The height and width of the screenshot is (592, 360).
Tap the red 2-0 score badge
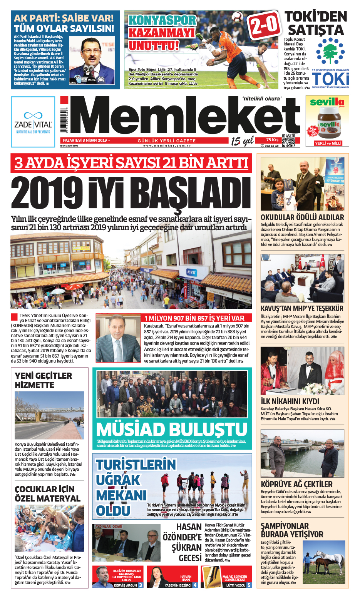tap(264, 25)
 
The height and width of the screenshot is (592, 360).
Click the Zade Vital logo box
tap(33, 122)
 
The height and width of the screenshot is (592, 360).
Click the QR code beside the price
tap(288, 141)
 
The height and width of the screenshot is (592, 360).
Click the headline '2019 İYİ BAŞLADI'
tap(131, 193)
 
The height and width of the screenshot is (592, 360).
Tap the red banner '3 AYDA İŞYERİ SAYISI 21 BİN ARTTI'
tap(131, 163)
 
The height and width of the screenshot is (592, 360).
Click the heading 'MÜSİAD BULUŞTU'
tap(172, 430)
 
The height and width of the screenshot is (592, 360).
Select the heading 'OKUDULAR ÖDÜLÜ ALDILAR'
tap(302, 217)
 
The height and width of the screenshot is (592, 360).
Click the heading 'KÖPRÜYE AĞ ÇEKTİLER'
tap(296, 484)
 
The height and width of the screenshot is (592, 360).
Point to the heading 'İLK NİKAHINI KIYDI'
tap(290, 401)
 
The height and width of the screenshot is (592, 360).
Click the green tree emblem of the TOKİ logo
tap(330, 52)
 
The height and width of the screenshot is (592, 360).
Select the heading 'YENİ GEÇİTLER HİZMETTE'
tap(43, 380)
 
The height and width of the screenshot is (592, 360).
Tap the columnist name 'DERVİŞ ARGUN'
tap(126, 585)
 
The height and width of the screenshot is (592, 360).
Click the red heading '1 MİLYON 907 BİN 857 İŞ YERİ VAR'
tap(194, 318)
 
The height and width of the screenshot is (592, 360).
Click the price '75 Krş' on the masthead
tap(272, 140)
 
